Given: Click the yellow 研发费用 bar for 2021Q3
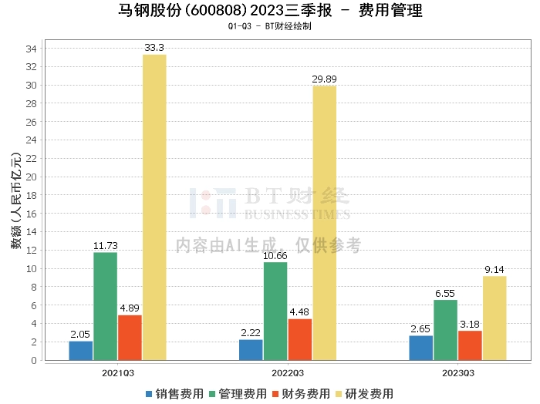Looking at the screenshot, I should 154,207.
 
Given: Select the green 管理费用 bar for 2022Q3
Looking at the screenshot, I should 275,311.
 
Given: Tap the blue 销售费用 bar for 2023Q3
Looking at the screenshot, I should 421,348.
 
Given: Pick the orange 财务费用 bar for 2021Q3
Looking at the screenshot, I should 130,337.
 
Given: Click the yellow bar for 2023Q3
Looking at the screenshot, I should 494,318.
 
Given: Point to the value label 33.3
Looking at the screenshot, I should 154,48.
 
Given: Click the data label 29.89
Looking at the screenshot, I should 324,79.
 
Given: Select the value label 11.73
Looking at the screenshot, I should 105,246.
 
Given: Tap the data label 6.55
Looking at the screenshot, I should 445,294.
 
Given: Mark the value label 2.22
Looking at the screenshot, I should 251,333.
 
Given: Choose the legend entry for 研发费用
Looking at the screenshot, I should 366,393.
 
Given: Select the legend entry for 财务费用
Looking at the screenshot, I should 303,393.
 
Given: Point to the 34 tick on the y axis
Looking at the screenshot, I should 32,49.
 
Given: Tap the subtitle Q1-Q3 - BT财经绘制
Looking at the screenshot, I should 269,26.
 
